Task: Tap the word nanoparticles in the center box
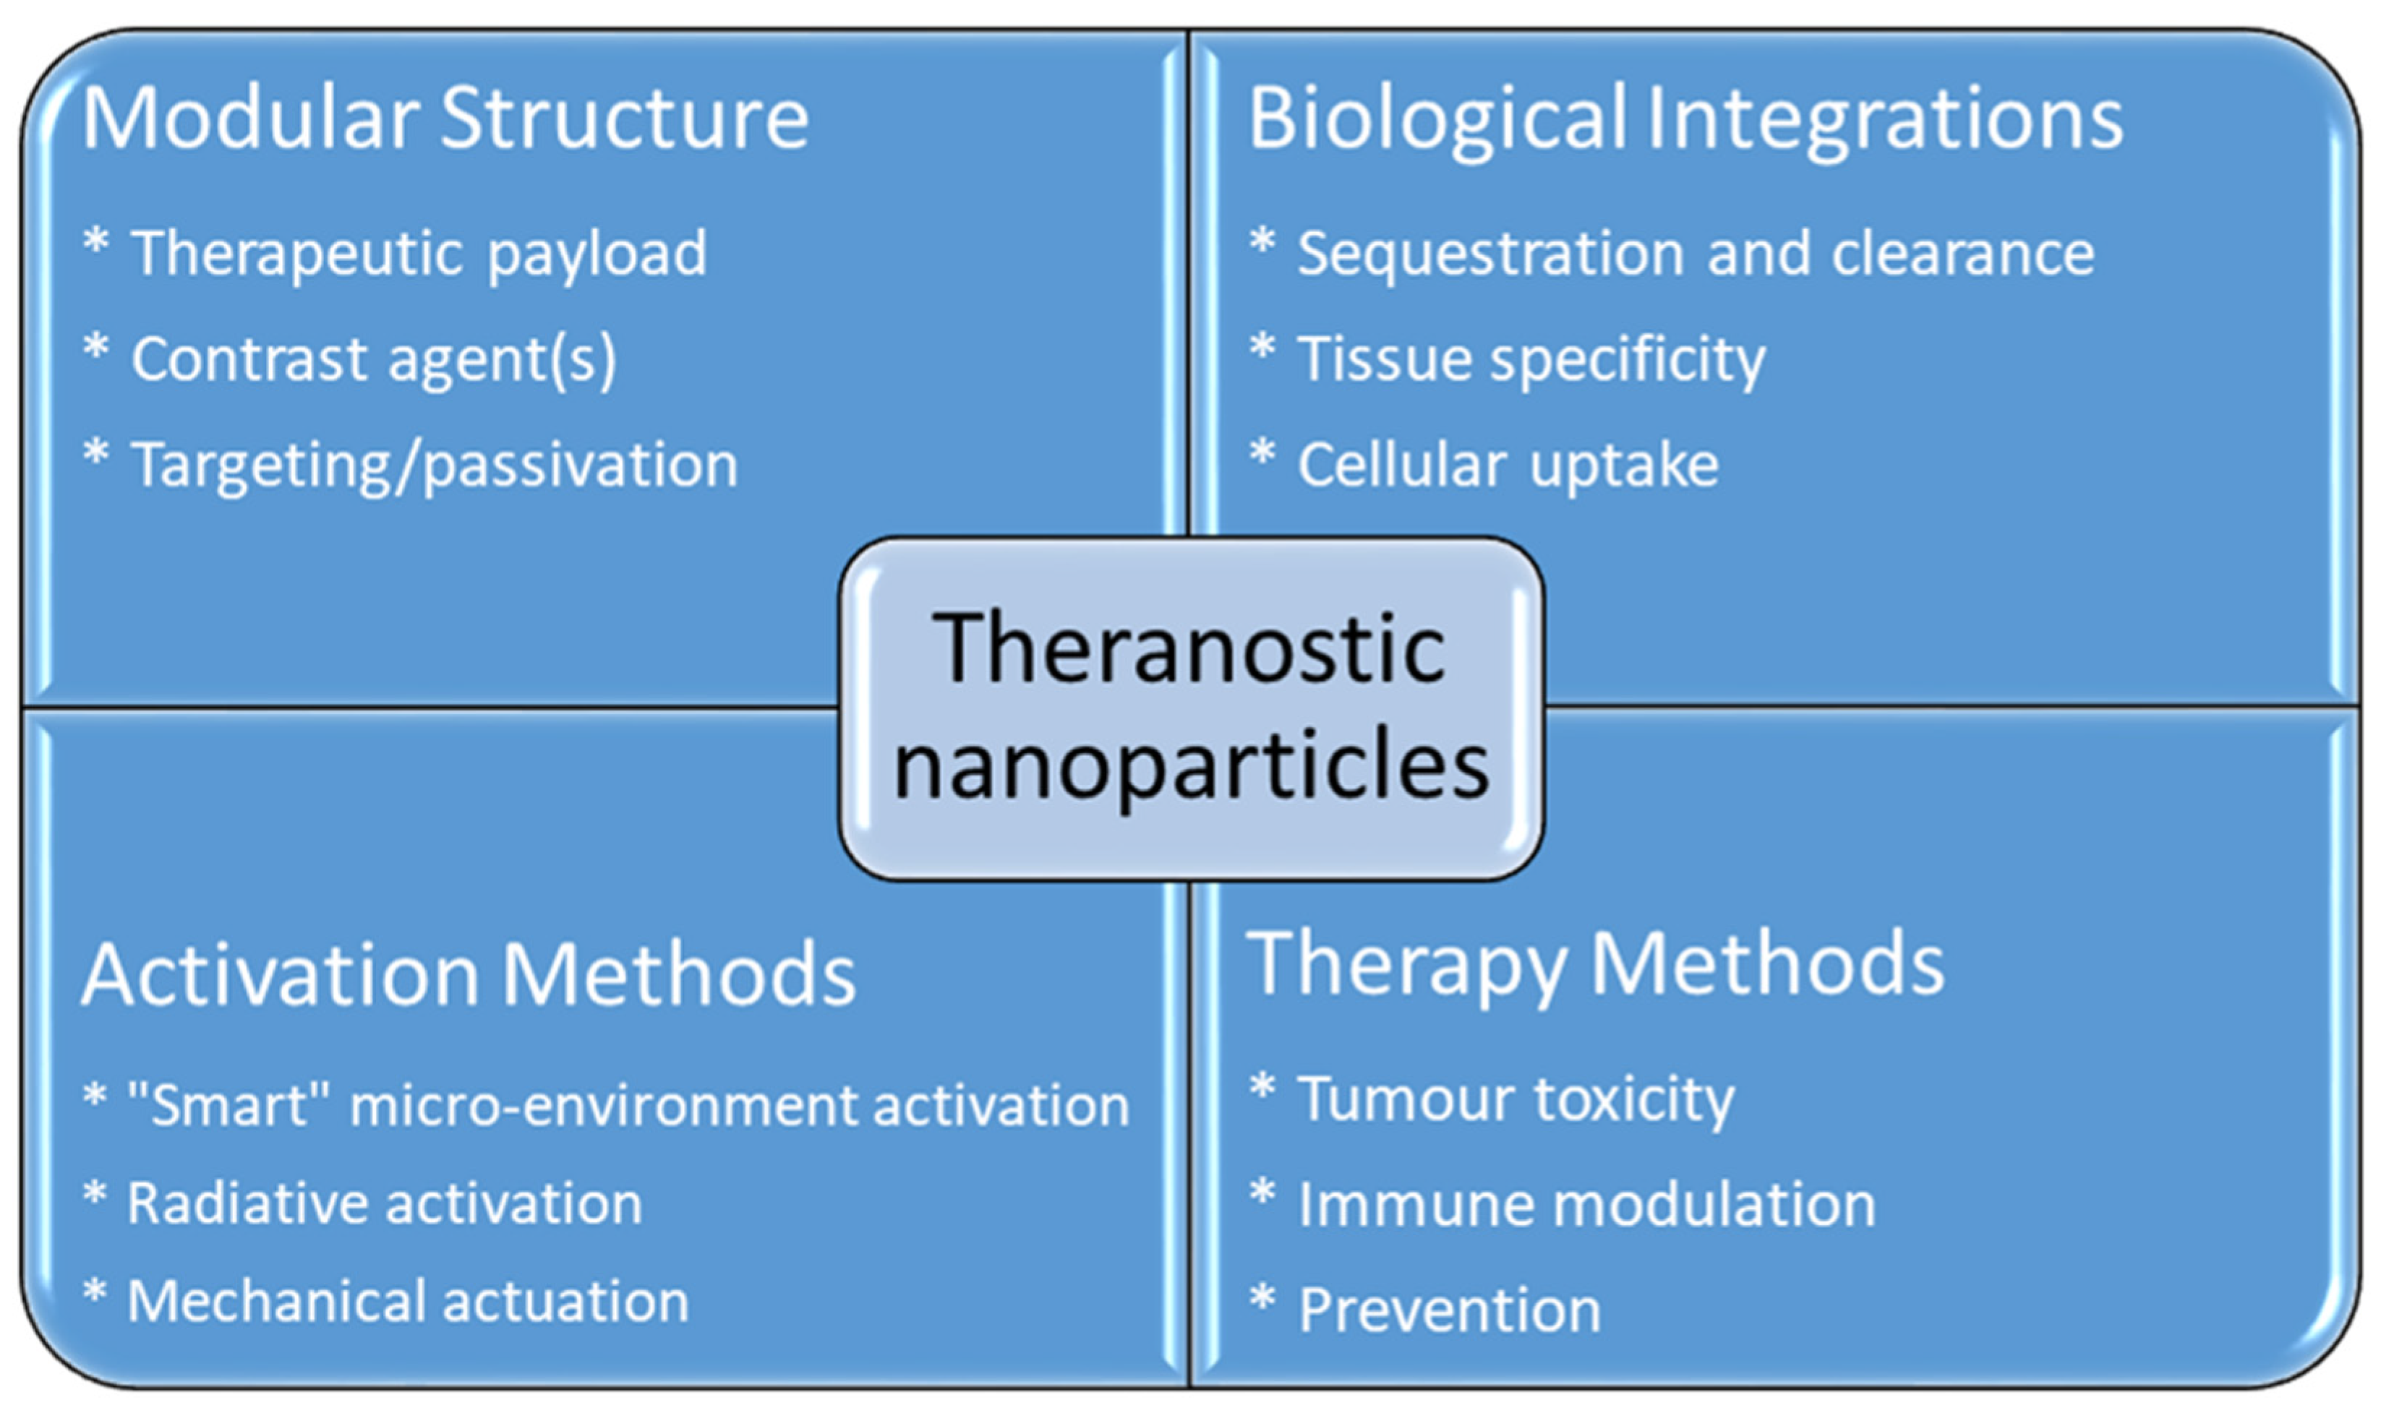point(1190,765)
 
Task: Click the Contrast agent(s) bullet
point(373,359)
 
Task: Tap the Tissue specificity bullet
point(1531,359)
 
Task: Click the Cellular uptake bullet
point(1508,465)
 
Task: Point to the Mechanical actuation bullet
point(408,1301)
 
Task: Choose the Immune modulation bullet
point(1586,1204)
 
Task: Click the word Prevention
point(1450,1310)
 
